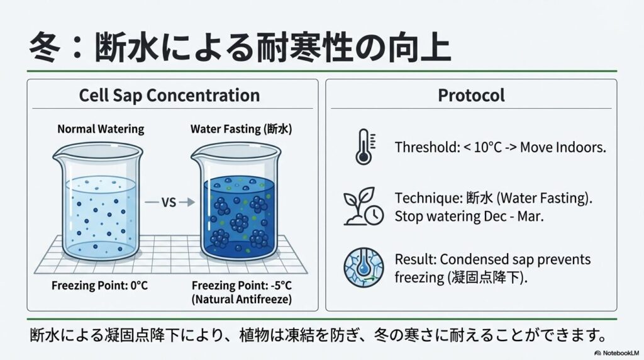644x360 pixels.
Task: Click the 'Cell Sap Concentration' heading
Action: (x=169, y=96)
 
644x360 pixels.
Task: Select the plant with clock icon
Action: (x=363, y=207)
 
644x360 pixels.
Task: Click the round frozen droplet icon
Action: (x=363, y=267)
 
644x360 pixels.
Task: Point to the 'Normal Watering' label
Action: (x=101, y=129)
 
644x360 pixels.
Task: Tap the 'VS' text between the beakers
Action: (x=168, y=203)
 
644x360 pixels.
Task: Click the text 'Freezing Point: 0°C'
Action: (x=100, y=285)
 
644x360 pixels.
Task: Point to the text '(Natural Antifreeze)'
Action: (x=241, y=300)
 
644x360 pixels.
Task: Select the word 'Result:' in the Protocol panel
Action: (x=416, y=259)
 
